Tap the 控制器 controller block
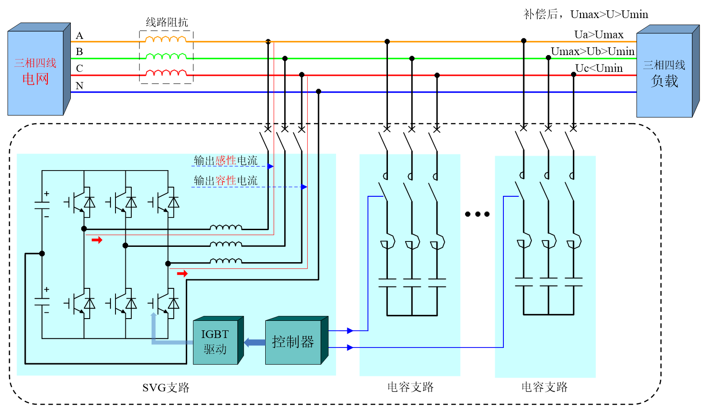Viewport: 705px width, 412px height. click(293, 342)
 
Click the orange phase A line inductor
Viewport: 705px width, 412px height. click(166, 40)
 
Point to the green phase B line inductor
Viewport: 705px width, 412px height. click(166, 56)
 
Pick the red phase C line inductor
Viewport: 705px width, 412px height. click(166, 73)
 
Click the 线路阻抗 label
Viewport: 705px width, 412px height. click(167, 23)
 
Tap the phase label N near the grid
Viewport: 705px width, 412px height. click(79, 86)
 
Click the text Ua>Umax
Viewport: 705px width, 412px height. click(599, 35)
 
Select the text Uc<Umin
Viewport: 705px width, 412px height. click(599, 68)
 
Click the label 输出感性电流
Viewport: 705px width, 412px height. click(226, 161)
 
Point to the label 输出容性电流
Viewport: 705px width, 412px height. click(226, 181)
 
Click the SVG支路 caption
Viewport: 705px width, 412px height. click(166, 388)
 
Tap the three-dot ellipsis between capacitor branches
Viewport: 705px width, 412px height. click(477, 214)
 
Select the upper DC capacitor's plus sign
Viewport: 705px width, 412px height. click(46, 194)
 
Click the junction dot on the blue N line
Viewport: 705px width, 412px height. click(318, 92)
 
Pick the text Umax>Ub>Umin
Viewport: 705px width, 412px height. click(592, 51)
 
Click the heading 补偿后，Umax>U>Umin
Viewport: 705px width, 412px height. click(585, 14)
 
